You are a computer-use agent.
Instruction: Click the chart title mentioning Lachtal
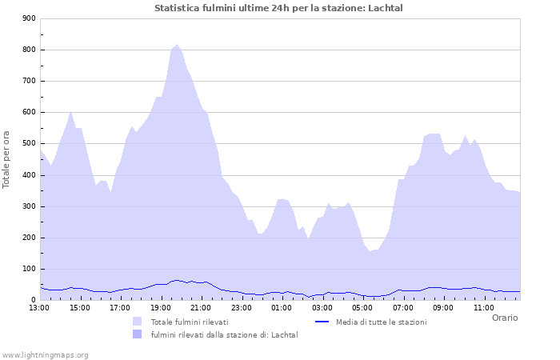[x=278, y=8]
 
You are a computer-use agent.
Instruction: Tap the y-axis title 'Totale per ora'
[x=7, y=159]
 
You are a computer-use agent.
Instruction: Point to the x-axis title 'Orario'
[x=504, y=318]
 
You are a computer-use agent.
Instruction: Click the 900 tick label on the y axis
[x=28, y=18]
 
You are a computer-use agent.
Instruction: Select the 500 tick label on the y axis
[x=28, y=144]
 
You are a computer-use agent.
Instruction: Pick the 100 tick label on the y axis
[x=28, y=269]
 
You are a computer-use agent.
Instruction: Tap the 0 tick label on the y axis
[x=32, y=300]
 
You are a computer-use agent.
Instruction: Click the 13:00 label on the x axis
[x=39, y=307]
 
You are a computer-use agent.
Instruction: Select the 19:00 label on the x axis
[x=161, y=307]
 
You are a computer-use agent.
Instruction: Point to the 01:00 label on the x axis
[x=282, y=307]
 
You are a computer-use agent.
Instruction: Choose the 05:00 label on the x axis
[x=362, y=307]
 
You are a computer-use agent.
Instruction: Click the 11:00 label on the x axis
[x=483, y=307]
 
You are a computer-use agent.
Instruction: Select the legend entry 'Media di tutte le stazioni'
[x=381, y=322]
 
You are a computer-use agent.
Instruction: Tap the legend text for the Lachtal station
[x=224, y=334]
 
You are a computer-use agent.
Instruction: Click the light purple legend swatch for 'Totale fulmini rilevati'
[x=138, y=322]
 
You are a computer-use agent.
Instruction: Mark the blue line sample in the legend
[x=322, y=322]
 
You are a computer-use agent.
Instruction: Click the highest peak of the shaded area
[x=178, y=45]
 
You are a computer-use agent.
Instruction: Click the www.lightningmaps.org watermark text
[x=46, y=354]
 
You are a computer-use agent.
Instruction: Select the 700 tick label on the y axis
[x=28, y=81]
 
